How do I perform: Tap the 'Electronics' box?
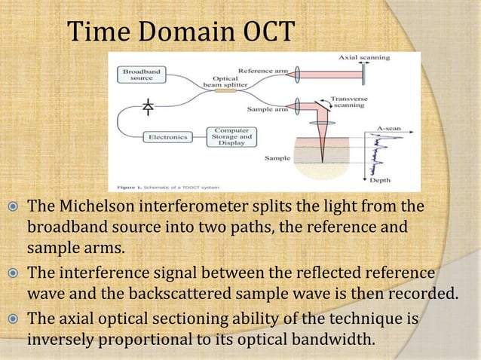click(166, 137)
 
